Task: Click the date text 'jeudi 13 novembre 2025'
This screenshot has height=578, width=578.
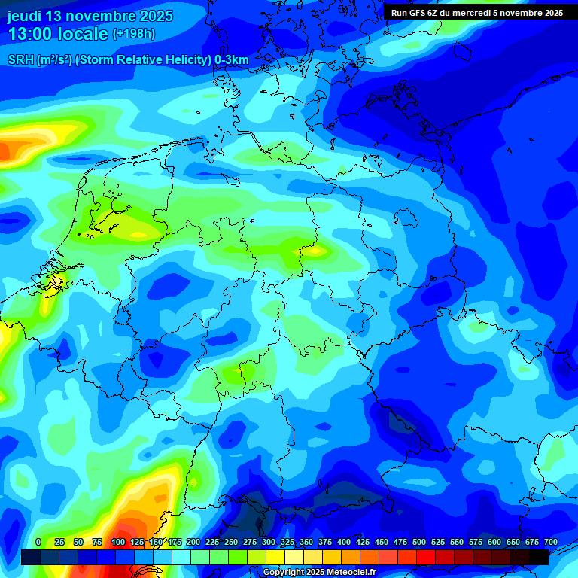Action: tap(90, 16)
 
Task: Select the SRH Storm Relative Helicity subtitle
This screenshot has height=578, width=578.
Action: tap(128, 60)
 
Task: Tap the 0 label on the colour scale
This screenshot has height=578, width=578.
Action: tap(38, 542)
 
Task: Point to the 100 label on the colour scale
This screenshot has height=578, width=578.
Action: tap(118, 542)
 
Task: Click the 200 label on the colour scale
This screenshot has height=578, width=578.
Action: tap(193, 542)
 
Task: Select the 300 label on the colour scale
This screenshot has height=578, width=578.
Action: tap(269, 542)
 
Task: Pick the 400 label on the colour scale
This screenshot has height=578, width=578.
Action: tap(344, 542)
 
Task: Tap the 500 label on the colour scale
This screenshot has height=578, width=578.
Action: tap(419, 542)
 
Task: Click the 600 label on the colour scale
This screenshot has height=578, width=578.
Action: tap(494, 542)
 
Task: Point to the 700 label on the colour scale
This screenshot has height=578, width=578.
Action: tap(551, 542)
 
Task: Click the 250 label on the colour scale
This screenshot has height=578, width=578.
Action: tap(231, 542)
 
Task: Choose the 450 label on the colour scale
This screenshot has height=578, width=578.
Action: tap(382, 542)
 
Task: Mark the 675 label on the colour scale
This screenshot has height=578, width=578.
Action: tap(532, 542)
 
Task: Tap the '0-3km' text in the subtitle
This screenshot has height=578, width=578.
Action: tap(231, 60)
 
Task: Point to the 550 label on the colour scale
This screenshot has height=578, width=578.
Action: tap(457, 542)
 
